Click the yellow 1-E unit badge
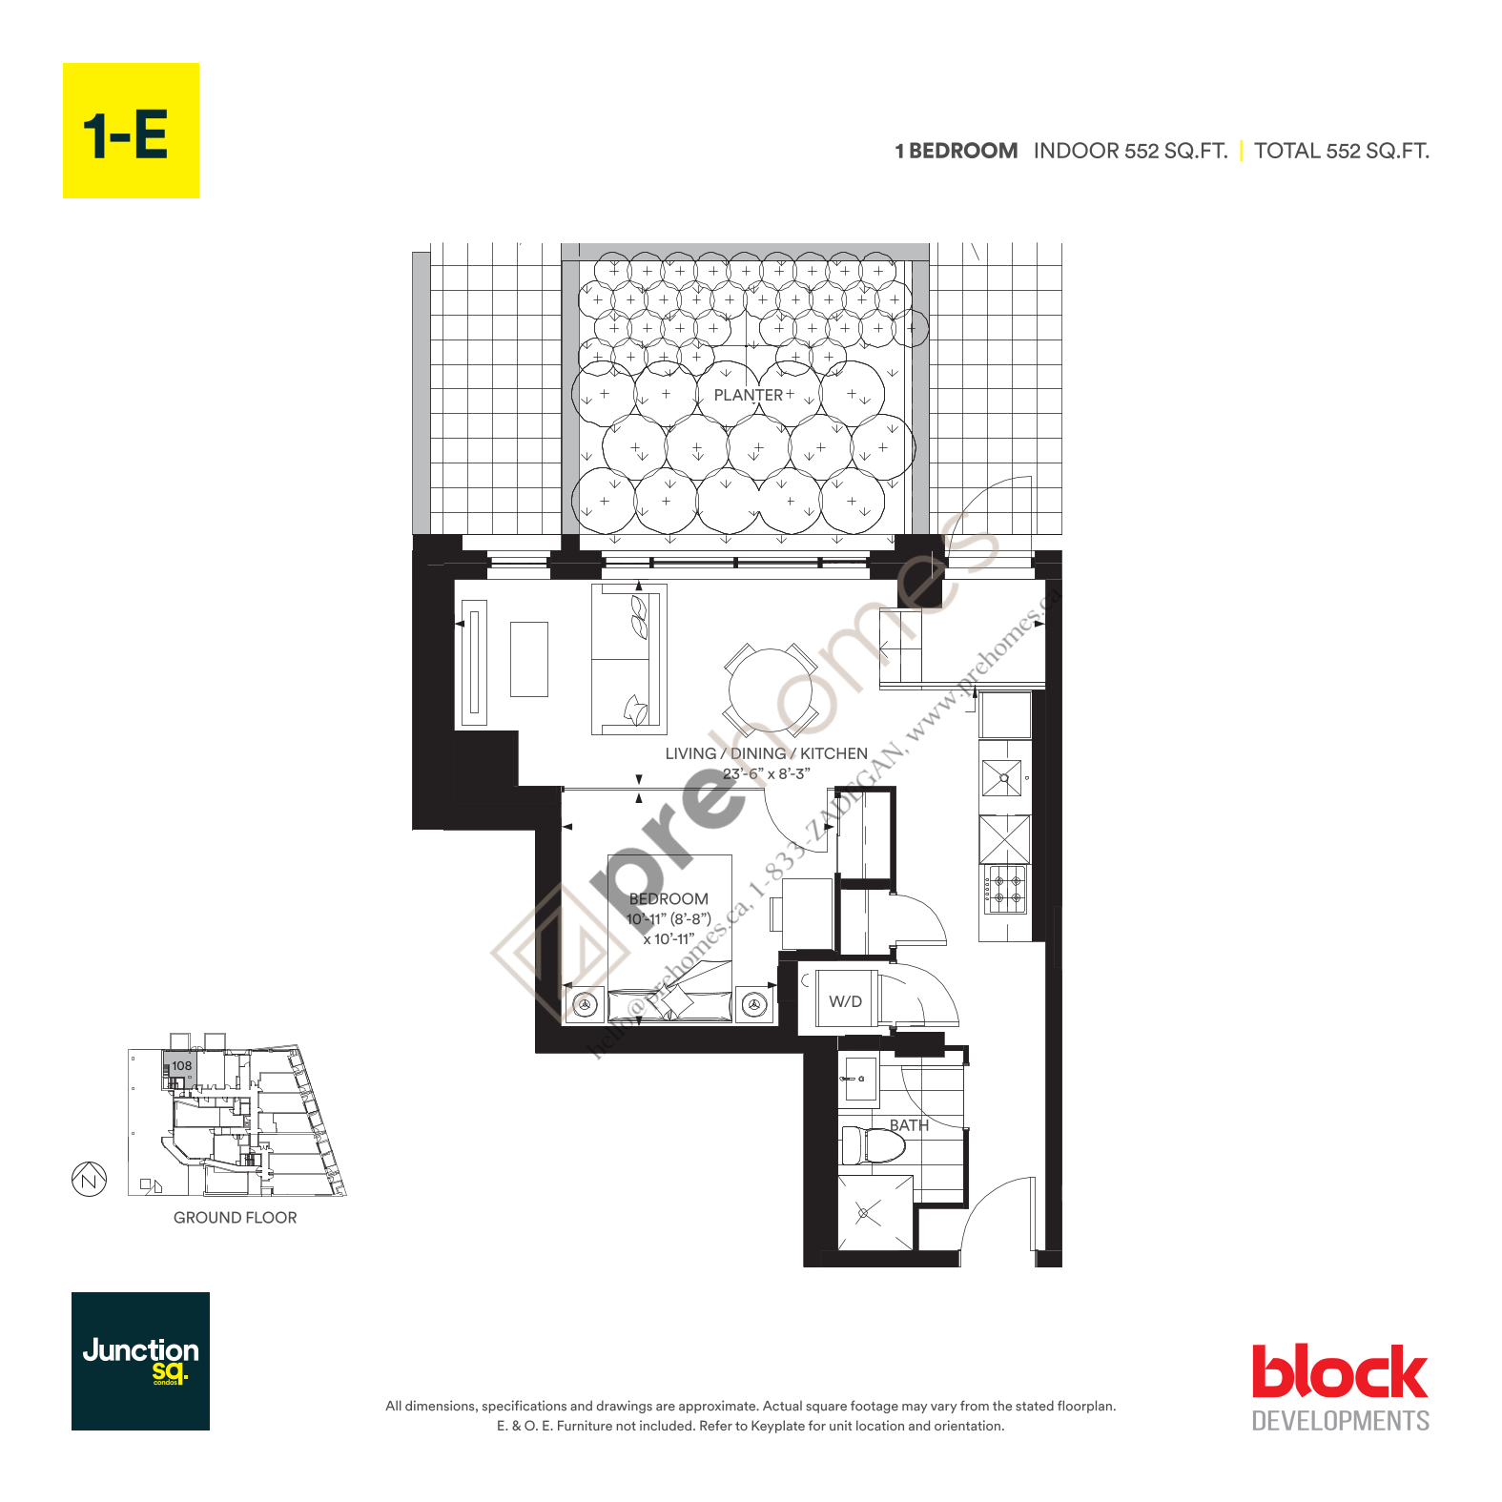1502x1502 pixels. [131, 131]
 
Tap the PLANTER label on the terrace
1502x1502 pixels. [749, 395]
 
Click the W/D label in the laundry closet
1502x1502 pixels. [845, 1001]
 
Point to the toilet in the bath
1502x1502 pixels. [872, 1145]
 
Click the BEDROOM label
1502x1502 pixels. [669, 898]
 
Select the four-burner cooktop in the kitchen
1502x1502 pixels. [1006, 888]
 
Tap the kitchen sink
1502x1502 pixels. [1002, 778]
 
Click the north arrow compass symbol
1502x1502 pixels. [89, 1180]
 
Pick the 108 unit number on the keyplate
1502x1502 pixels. [181, 1065]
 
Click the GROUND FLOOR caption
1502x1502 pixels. [235, 1218]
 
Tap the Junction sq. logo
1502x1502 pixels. [140, 1361]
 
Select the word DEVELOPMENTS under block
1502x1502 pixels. [1340, 1421]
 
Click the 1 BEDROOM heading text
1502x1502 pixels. [956, 151]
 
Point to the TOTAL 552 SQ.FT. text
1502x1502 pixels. [1341, 151]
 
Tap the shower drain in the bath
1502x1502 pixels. [864, 1213]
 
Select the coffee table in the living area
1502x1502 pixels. [529, 659]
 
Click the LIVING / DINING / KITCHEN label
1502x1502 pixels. [766, 753]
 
